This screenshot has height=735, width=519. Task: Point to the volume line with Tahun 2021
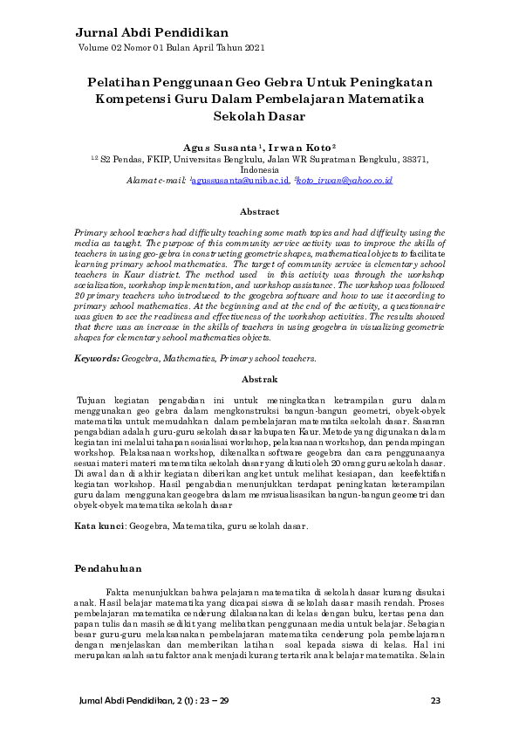172,48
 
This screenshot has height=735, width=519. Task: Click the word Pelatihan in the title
119,82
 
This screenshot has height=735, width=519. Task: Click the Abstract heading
259,212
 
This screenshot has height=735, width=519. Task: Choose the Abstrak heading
259,380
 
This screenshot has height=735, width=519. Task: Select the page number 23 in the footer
436,701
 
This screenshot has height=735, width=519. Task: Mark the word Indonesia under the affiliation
259,170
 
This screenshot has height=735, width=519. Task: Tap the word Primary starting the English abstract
92,234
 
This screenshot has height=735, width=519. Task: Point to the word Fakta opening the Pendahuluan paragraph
120,591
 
